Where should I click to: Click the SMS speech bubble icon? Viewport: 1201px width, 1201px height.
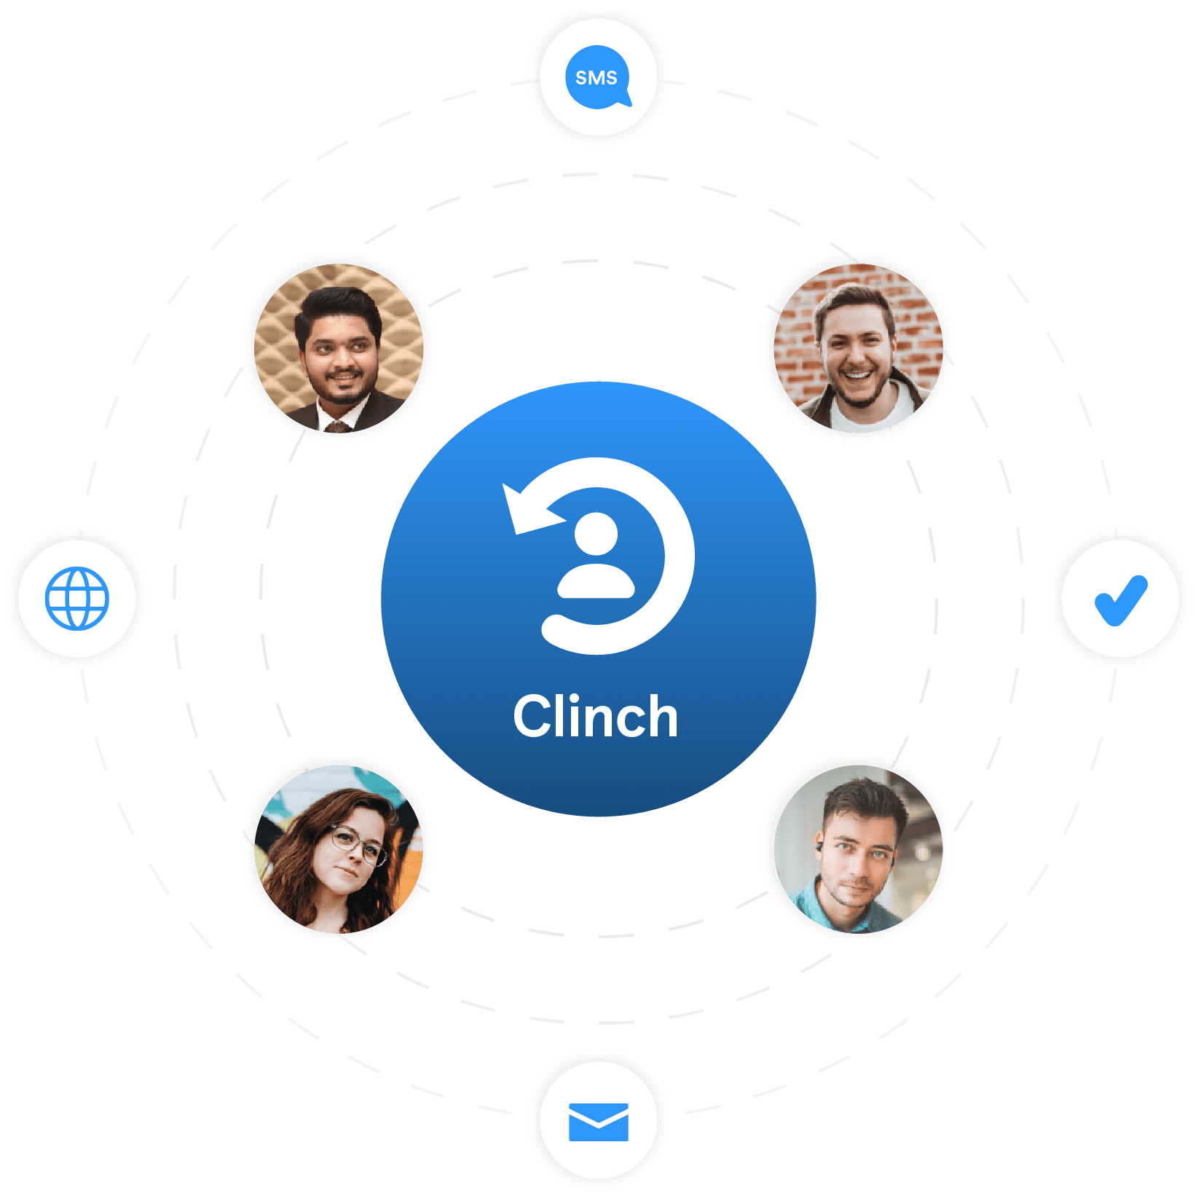pos(597,77)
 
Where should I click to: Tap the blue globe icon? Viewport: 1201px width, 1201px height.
pos(77,598)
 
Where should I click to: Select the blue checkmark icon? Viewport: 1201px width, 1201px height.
pos(1120,600)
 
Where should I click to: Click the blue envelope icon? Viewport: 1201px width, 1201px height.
pos(598,1122)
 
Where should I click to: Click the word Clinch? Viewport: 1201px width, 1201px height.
pos(595,717)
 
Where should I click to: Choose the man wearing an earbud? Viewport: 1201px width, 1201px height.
pos(856,848)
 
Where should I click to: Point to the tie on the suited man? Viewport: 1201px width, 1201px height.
pos(337,426)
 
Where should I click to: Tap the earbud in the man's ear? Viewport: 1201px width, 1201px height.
pos(819,846)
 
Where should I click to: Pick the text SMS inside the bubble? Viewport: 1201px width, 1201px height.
pos(596,78)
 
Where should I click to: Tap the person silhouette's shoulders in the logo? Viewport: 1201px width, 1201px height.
pos(596,583)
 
